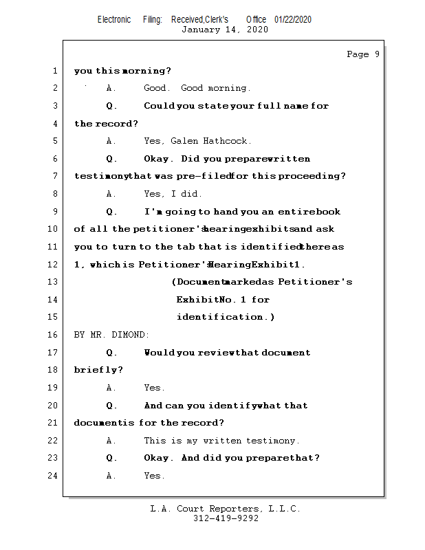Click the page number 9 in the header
[x=377, y=54]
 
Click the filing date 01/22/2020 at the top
[x=293, y=19]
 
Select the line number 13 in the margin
[x=54, y=282]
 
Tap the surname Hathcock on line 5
[x=228, y=141]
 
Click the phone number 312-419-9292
[x=226, y=519]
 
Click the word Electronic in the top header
[x=114, y=19]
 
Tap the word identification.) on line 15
[x=226, y=317]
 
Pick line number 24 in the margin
[x=54, y=475]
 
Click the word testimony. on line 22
[x=273, y=441]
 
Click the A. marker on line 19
[x=111, y=388]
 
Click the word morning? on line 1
[x=147, y=71]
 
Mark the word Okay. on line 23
[x=158, y=458]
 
